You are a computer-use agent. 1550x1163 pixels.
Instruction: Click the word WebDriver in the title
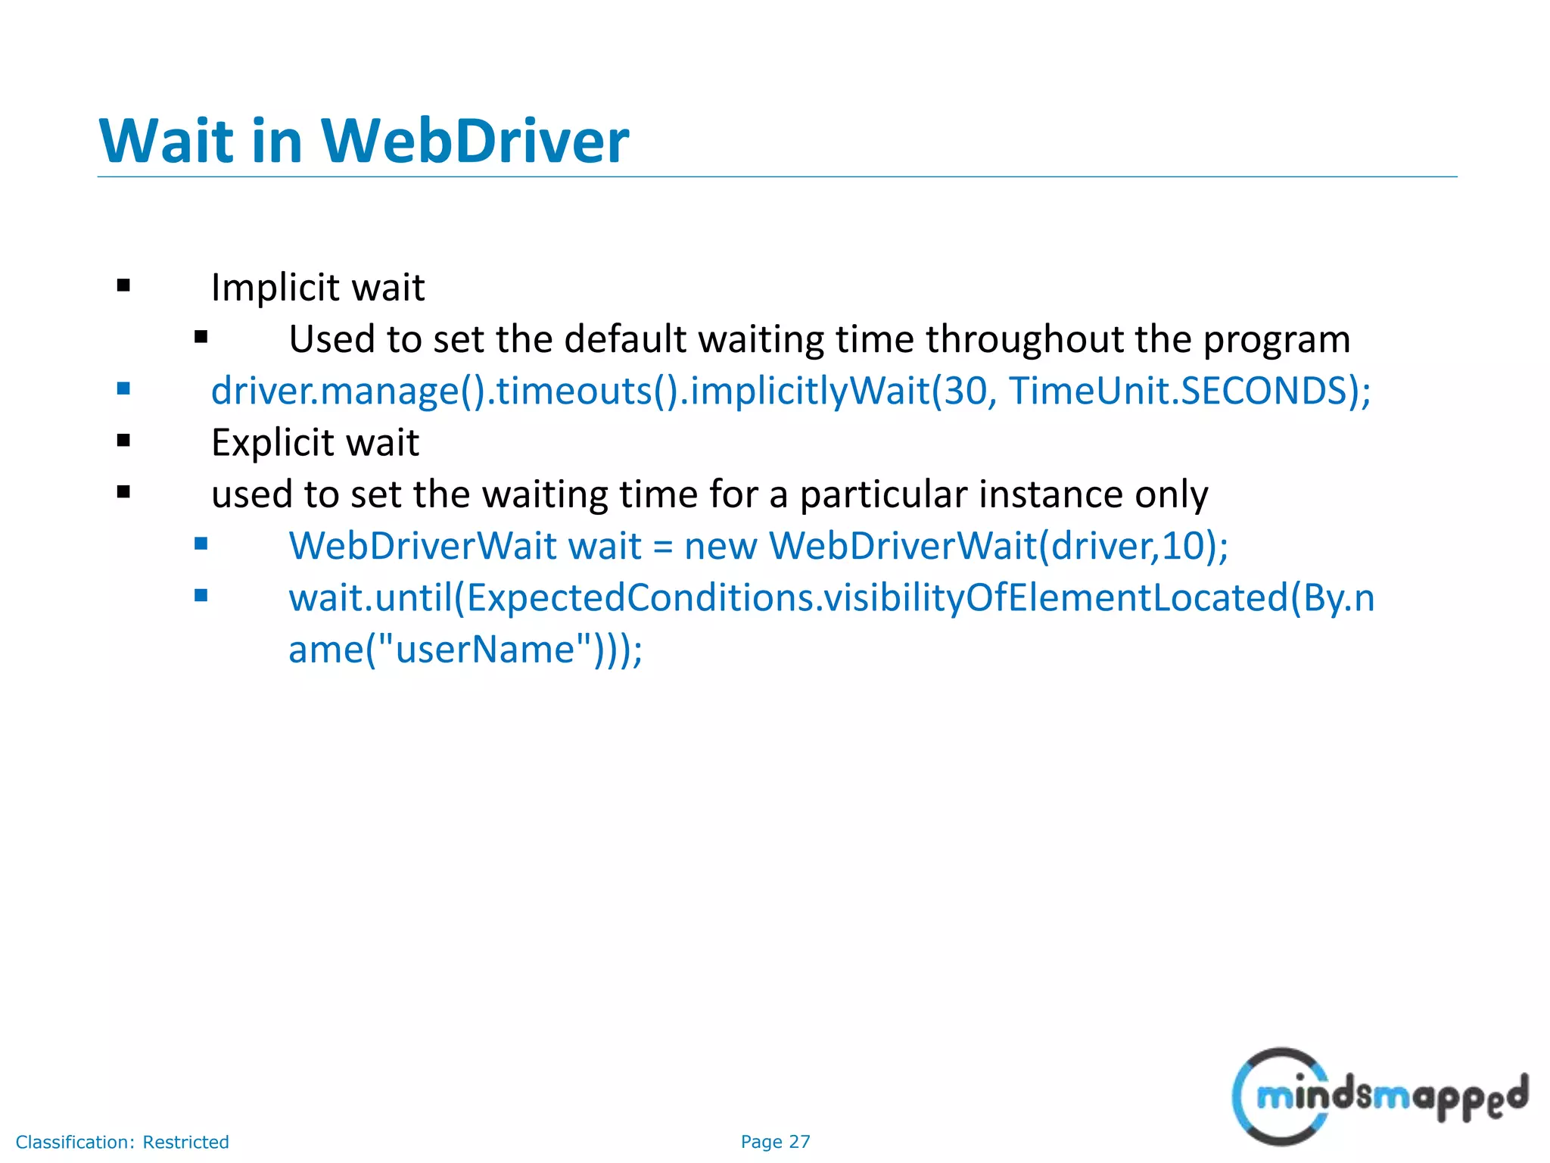[475, 142]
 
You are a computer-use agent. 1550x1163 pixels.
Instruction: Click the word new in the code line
[720, 546]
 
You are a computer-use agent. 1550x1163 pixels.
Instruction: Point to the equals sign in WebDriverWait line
[662, 547]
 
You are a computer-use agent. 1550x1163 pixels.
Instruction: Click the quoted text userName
[485, 650]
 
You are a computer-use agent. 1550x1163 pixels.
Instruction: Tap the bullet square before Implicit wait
[124, 286]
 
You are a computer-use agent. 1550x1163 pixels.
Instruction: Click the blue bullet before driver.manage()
[124, 389]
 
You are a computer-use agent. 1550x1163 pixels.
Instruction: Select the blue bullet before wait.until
[201, 595]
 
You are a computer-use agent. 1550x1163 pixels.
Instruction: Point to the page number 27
[799, 1142]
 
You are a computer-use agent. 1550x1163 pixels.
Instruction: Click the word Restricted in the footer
[185, 1142]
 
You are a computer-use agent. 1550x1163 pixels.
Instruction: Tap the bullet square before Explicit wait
[124, 441]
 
